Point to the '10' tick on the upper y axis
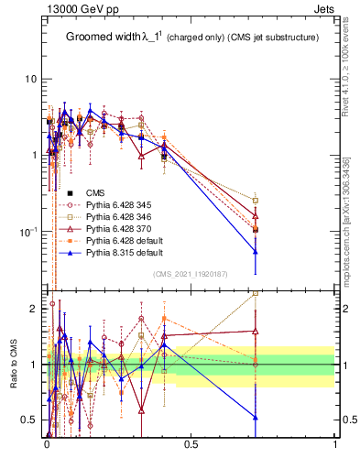click(31, 79)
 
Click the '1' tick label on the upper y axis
click(35, 155)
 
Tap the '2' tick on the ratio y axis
click(35, 310)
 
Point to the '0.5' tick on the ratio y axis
click(30, 420)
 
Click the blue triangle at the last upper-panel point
click(256, 251)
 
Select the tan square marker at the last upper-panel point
click(256, 200)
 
